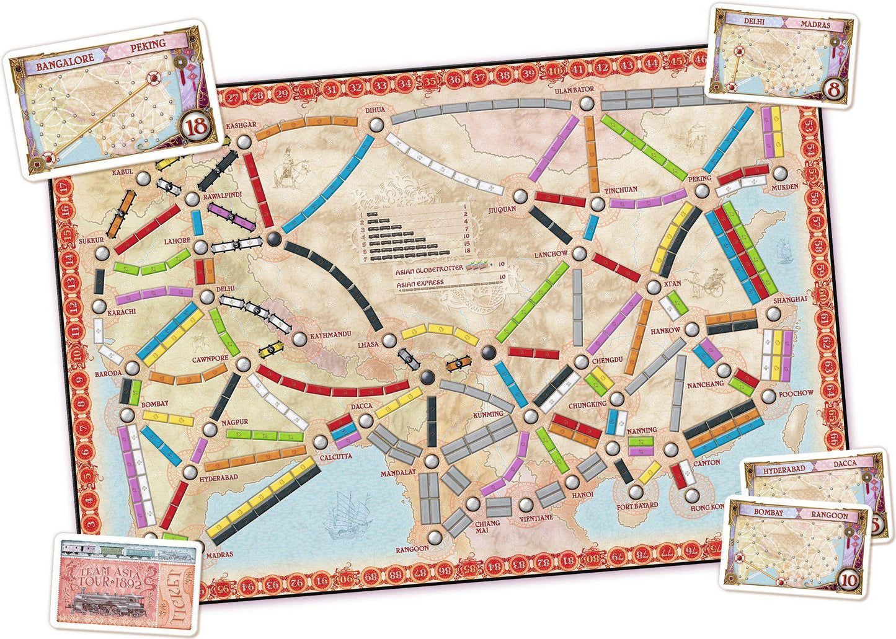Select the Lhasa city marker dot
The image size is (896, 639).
coord(389,340)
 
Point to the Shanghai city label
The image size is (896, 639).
coord(789,299)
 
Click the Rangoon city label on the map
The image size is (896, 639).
coord(412,549)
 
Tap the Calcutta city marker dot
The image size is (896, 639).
coord(320,443)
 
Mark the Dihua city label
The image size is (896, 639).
coord(375,110)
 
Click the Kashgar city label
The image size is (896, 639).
coord(241,126)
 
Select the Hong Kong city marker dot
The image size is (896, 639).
coord(693,495)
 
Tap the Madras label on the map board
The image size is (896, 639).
coord(220,554)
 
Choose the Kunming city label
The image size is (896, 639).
coord(488,413)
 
